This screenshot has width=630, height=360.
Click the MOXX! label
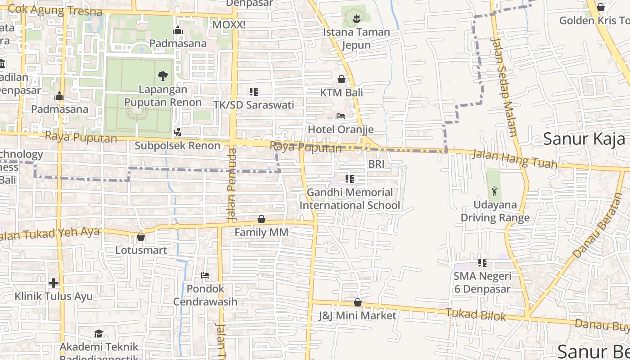[x=229, y=25]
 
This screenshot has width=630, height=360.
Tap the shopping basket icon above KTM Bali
[x=342, y=79]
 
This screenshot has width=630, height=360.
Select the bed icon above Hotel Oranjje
[x=341, y=116]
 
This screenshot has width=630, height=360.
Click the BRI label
[x=376, y=164]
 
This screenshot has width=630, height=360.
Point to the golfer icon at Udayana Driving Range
[x=495, y=191]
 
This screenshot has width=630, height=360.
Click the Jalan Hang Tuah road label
[x=514, y=160]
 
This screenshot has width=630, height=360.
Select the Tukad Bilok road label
[x=476, y=314]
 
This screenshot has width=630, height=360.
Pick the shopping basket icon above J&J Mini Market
[x=358, y=302]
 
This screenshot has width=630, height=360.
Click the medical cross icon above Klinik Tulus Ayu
[x=54, y=283]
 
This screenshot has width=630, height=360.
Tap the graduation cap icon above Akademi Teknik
[x=99, y=333]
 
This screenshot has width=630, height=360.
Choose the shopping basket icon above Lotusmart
[x=141, y=237]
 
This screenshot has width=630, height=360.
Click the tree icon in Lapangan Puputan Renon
[x=163, y=76]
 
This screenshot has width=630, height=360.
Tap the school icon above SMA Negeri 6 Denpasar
[x=482, y=263]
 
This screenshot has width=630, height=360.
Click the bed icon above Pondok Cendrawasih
[x=205, y=275]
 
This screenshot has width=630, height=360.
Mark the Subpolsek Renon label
[x=177, y=146]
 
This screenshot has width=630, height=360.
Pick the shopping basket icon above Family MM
[x=261, y=219]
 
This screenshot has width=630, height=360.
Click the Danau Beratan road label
[x=599, y=225]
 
